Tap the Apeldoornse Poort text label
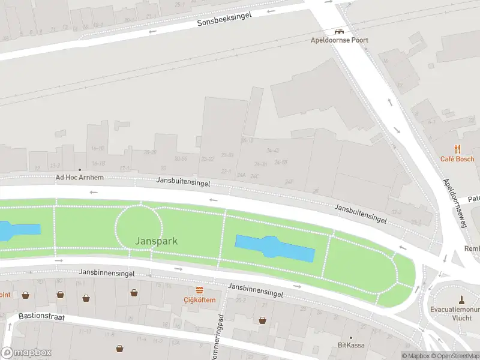[339, 40]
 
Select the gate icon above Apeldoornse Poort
[339, 31]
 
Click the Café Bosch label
[457, 159]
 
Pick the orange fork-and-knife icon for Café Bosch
[457, 149]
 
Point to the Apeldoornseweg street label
[455, 203]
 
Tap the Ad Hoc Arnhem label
[79, 178]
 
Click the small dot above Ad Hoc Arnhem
[79, 170]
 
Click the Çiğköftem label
[199, 299]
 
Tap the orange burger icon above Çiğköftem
[199, 290]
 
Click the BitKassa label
[351, 345]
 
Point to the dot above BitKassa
[351, 337]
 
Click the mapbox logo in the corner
[26, 353]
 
